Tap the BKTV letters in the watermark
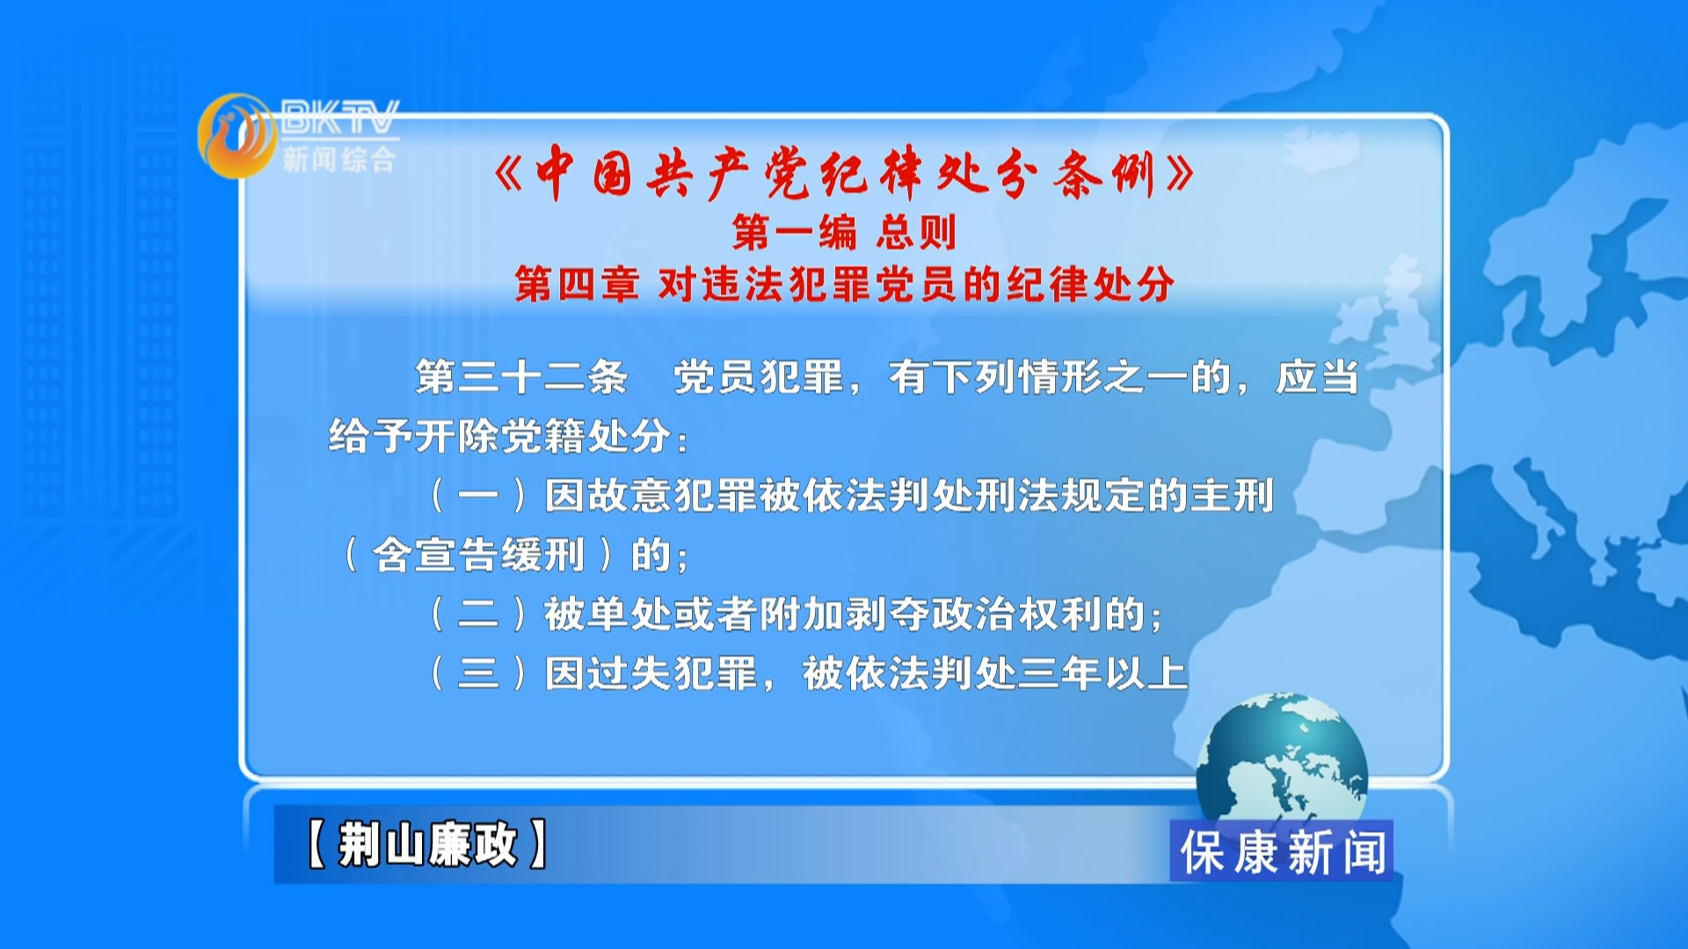340,117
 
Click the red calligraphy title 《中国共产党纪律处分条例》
844,173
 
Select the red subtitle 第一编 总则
844,233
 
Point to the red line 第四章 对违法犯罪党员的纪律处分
844,285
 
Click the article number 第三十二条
521,377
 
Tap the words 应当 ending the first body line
1317,377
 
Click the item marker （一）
478,496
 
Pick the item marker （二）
478,614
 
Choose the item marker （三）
478,674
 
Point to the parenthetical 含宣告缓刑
478,555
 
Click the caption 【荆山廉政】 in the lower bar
427,844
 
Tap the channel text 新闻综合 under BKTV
339,159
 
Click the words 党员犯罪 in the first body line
759,377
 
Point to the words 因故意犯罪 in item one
651,496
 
